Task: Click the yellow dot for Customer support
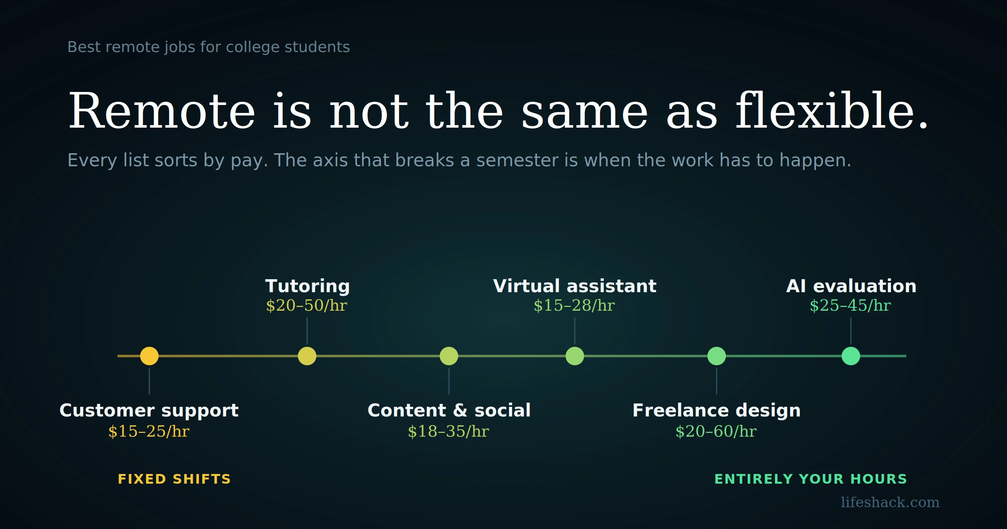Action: [149, 356]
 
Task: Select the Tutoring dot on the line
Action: [307, 356]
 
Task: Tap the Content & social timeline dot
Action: [449, 356]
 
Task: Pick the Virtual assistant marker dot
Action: [575, 356]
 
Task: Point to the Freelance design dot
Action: [717, 356]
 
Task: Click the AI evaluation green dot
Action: [851, 356]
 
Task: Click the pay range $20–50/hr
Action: [307, 306]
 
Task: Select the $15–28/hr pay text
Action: [574, 306]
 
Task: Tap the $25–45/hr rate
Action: [850, 306]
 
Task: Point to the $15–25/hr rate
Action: [149, 432]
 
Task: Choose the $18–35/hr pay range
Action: [449, 432]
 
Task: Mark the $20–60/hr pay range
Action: [716, 432]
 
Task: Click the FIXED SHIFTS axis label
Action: [175, 479]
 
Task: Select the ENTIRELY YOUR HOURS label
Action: [811, 479]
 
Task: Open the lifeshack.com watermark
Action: [890, 502]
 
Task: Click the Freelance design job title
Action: [717, 411]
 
